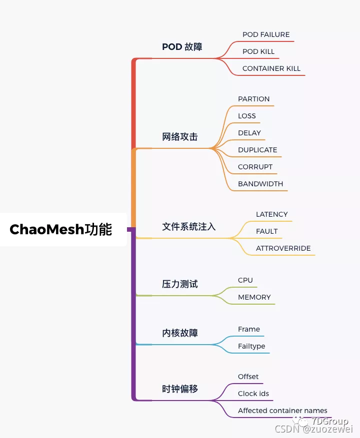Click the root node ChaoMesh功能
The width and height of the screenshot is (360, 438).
pyautogui.click(x=61, y=229)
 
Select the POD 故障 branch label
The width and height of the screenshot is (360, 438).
pyautogui.click(x=182, y=47)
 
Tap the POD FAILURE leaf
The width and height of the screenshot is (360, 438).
pyautogui.click(x=266, y=34)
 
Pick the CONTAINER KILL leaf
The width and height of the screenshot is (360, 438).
pyautogui.click(x=271, y=68)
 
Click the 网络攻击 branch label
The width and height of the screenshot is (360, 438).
pyautogui.click(x=180, y=136)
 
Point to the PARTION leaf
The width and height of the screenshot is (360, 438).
pyautogui.click(x=253, y=99)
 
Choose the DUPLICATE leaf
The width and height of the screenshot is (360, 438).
pyautogui.click(x=257, y=150)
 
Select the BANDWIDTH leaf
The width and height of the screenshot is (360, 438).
pyautogui.click(x=260, y=184)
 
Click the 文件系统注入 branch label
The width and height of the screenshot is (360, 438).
pyautogui.click(x=189, y=226)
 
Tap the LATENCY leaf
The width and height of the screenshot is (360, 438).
pyautogui.click(x=272, y=214)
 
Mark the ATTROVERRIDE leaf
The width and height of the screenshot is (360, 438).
pyautogui.click(x=283, y=248)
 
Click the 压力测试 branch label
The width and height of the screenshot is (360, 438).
pyautogui.click(x=180, y=284)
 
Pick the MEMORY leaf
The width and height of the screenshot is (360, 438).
pyautogui.click(x=254, y=297)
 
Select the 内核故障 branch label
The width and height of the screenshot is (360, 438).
pyautogui.click(x=180, y=333)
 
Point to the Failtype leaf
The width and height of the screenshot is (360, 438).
pyautogui.click(x=251, y=346)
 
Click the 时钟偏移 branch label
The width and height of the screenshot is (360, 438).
pyautogui.click(x=180, y=389)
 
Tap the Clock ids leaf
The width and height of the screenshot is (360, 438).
pyautogui.click(x=253, y=394)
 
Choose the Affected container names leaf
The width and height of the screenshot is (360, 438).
pyautogui.click(x=282, y=411)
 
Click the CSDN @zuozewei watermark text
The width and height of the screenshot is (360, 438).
pyautogui.click(x=314, y=429)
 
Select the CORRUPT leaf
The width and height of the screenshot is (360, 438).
pyautogui.click(x=255, y=167)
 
